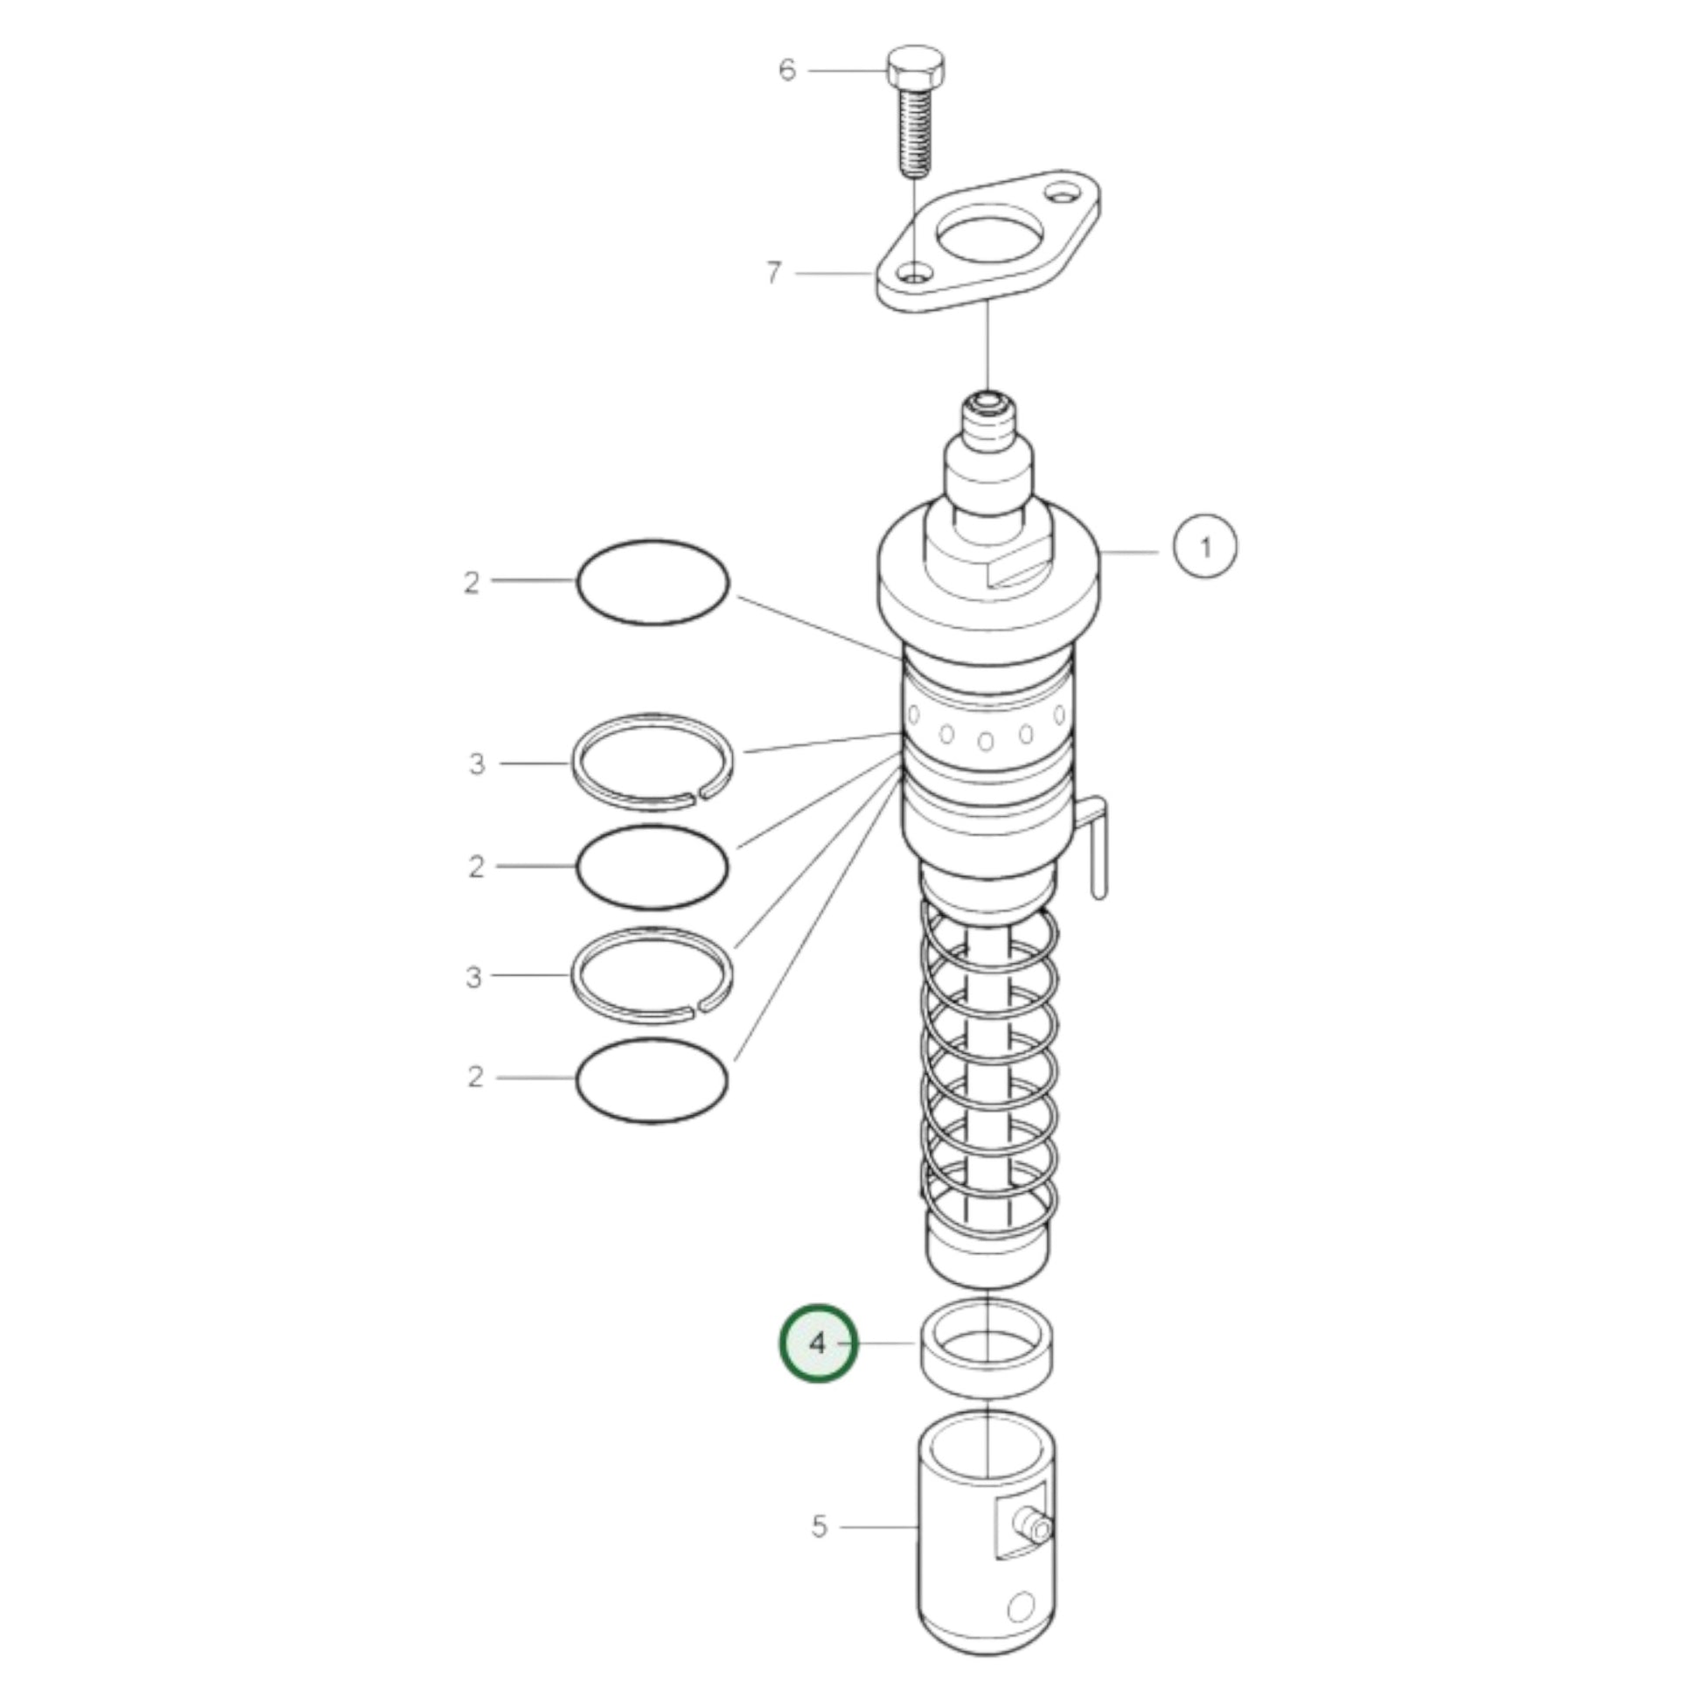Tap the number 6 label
click(x=787, y=70)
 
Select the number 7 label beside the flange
click(x=773, y=273)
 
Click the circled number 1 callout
click(x=1205, y=548)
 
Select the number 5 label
click(x=820, y=1527)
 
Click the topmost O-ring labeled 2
click(x=652, y=582)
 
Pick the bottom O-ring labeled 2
click(x=652, y=1080)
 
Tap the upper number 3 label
click(x=477, y=764)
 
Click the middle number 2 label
click(x=477, y=867)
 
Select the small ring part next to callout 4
click(x=989, y=1347)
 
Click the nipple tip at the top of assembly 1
click(x=987, y=406)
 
